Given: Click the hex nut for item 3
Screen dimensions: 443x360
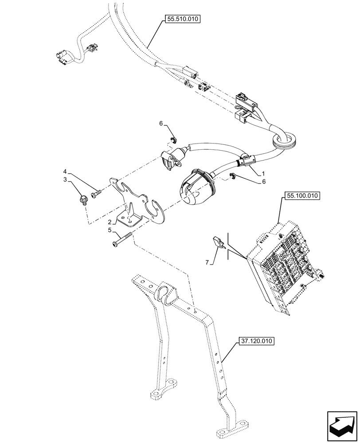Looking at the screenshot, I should [x=83, y=201].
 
